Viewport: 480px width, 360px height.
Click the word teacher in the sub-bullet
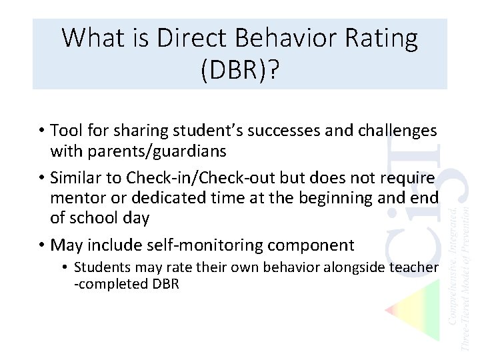point(415,267)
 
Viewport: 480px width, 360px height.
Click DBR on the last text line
point(165,284)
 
